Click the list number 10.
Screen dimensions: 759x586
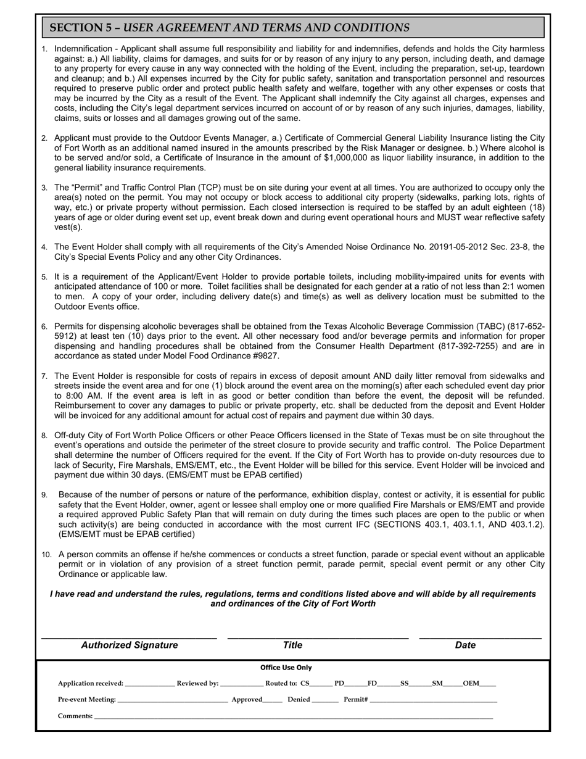tap(47, 555)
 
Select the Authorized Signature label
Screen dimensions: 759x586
tap(130, 645)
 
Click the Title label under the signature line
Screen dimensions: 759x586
tap(292, 645)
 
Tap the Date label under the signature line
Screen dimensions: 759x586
tap(465, 645)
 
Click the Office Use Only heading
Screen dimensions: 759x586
tap(286, 668)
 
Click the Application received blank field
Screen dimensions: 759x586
tap(149, 684)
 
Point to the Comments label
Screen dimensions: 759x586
tap(75, 716)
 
